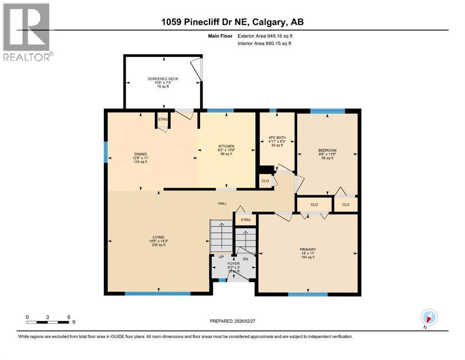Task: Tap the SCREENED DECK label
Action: click(163, 79)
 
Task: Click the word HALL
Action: click(222, 203)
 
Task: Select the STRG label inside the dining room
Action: click(162, 120)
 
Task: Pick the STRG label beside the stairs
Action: click(245, 220)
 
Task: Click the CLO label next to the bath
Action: click(265, 181)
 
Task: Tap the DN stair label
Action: click(244, 258)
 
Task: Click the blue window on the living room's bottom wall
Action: click(157, 294)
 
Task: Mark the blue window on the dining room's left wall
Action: click(105, 152)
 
